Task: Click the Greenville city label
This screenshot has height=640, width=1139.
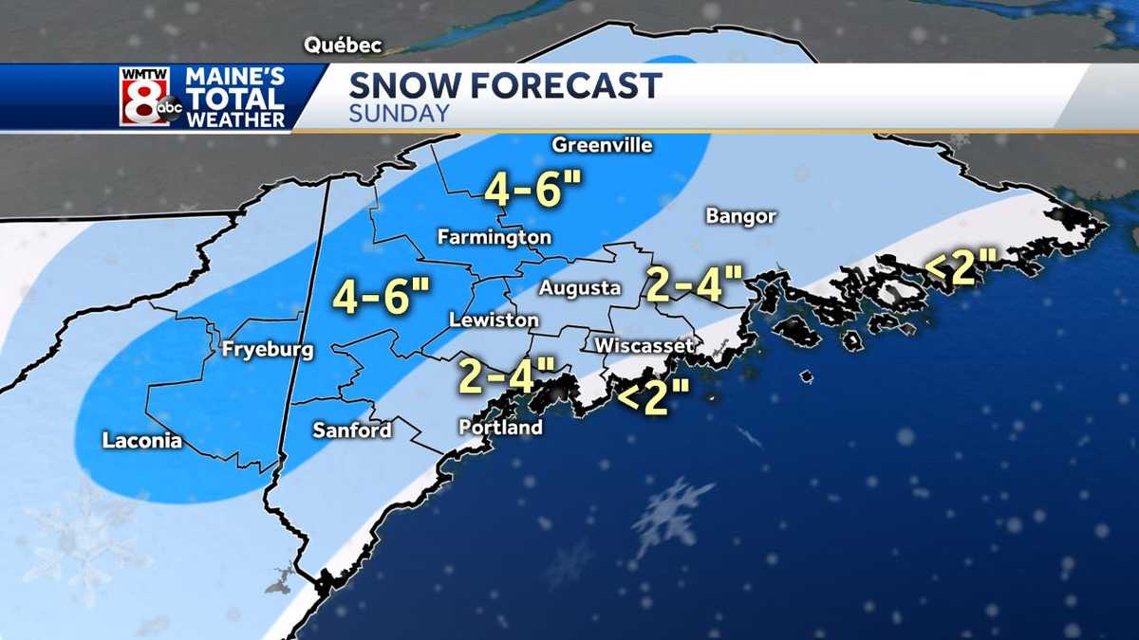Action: tap(602, 145)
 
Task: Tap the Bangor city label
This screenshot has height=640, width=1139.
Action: tap(740, 216)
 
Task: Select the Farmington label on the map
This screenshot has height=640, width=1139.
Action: tap(494, 237)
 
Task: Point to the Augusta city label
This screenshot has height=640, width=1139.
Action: tap(580, 287)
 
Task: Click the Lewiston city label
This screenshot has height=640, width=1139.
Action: tap(494, 320)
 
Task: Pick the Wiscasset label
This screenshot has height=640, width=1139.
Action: tap(644, 346)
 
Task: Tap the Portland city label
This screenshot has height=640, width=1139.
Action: tap(500, 428)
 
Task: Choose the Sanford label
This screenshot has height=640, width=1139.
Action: tap(352, 430)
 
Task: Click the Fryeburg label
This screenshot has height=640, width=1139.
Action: tap(267, 350)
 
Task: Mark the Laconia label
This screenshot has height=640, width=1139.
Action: tap(142, 440)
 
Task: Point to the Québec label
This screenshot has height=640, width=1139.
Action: tap(343, 46)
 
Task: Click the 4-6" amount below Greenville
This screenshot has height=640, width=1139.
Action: tap(532, 189)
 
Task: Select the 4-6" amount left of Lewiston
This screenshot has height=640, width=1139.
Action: tap(382, 297)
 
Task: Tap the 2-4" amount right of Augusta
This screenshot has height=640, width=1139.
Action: tap(694, 283)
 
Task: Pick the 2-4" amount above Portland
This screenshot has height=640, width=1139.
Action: tap(507, 375)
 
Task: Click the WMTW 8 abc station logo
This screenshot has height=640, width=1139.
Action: tap(150, 97)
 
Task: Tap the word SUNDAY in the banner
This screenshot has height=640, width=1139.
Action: tap(399, 114)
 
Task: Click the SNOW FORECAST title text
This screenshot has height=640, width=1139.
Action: tap(505, 86)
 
